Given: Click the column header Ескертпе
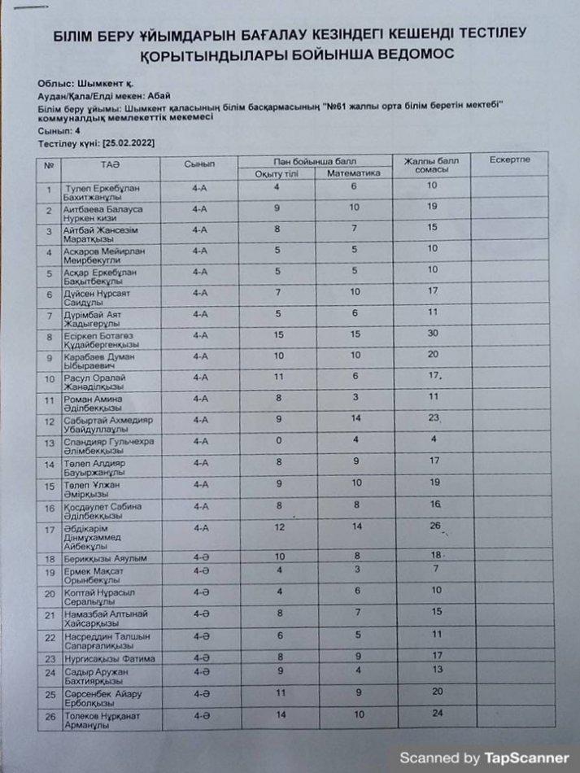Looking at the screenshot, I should (x=510, y=159).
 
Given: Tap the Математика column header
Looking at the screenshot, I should (x=353, y=173).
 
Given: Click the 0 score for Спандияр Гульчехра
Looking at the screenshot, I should (x=277, y=440).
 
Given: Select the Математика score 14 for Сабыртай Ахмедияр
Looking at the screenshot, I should (x=355, y=418).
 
